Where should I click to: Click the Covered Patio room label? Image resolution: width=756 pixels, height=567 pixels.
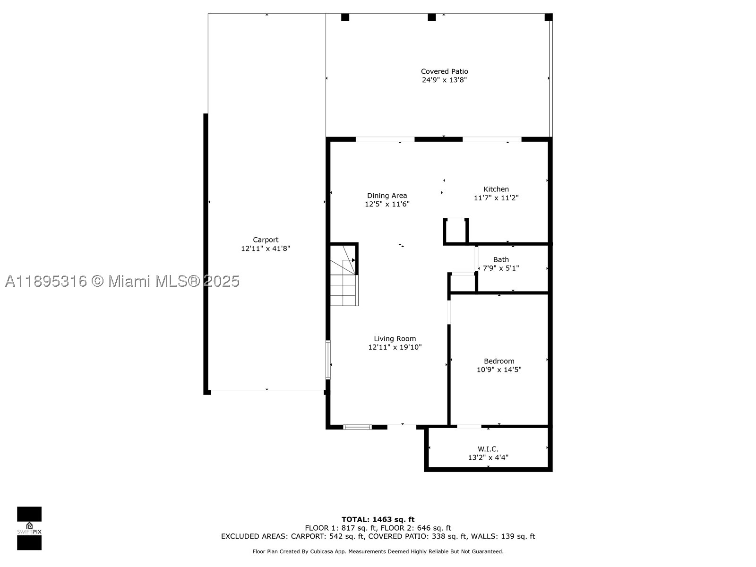coord(444,71)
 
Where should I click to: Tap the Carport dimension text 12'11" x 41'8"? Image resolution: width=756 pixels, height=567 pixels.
coord(266,248)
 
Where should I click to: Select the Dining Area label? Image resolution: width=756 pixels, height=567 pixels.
coord(387,196)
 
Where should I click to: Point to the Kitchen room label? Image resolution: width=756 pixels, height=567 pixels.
coord(496,189)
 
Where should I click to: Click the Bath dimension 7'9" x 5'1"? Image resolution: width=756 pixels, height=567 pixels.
coord(501,268)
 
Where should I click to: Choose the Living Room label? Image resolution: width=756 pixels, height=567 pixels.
coord(395,338)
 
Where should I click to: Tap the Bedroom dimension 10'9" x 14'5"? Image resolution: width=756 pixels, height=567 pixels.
coord(498,369)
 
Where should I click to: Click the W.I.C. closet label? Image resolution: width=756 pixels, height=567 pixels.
coord(488,449)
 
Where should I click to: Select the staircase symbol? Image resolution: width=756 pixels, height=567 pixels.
coord(344,275)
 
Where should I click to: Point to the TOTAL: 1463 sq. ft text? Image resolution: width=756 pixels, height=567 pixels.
coord(378,519)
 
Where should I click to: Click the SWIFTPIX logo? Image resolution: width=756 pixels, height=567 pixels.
coord(29,528)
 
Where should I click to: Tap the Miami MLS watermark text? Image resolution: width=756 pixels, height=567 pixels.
coord(122,281)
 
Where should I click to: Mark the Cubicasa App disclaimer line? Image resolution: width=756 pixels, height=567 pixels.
coord(378,551)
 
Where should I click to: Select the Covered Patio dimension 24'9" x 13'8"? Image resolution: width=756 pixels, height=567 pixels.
coord(444,80)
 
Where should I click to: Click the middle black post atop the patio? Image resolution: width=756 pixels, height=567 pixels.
coord(431,17)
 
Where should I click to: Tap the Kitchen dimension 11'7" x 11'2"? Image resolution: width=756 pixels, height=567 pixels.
coord(496,198)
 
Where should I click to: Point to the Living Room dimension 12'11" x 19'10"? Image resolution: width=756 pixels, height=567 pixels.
coord(395,347)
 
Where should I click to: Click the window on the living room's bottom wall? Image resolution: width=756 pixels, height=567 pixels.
coord(358,427)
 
